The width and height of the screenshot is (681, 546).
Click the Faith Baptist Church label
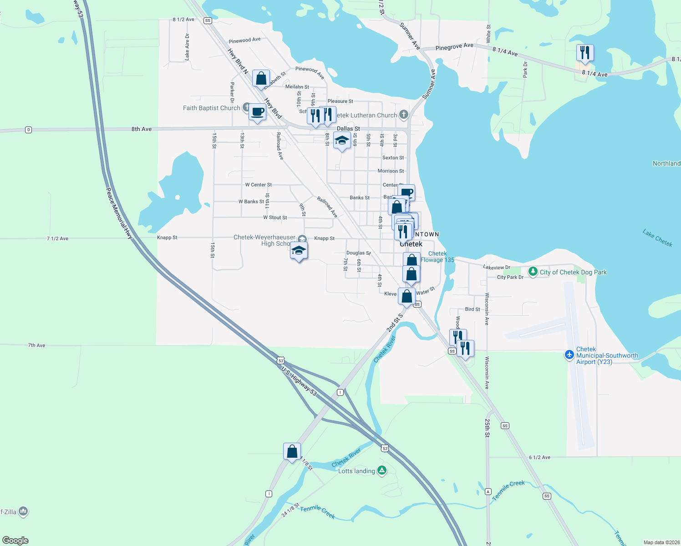coord(211,108)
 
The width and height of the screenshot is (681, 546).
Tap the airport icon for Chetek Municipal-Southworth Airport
coord(569,354)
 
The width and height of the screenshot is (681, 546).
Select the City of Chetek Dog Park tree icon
coord(533,272)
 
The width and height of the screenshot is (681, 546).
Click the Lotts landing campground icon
coord(382,470)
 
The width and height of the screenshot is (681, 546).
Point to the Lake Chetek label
coord(657,238)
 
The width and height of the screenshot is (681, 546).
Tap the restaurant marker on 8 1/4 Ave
coord(585,53)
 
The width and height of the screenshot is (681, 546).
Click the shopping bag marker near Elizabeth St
coord(261,78)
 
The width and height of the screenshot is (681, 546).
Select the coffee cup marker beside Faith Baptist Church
coord(258,112)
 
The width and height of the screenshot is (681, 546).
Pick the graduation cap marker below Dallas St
coord(342,141)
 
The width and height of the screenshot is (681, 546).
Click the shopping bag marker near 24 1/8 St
coord(292,451)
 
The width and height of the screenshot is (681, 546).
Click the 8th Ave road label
coord(142,129)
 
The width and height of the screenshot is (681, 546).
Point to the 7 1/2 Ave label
coord(57,238)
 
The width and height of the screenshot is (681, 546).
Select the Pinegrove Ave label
coord(454,46)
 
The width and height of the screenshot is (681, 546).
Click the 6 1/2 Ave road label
coord(539,457)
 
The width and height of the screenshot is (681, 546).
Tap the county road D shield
coord(29,130)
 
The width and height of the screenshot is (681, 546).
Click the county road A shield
coord(488,491)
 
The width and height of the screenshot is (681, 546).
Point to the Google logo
coord(15,541)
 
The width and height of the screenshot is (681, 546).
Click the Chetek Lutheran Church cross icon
coord(404,115)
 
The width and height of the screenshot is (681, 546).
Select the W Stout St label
coord(275,217)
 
